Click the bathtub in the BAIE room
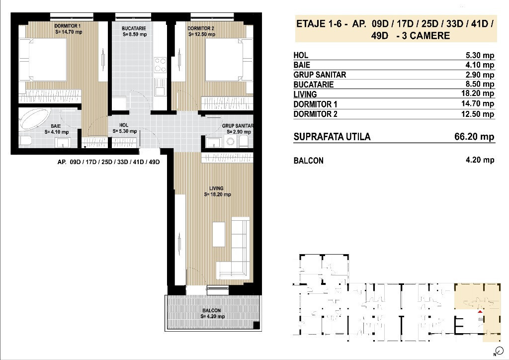[35, 119]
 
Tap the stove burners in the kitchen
[160, 65]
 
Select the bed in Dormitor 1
[43, 60]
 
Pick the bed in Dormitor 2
[229, 60]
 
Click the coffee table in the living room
[219, 234]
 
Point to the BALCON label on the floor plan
[212, 310]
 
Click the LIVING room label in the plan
[216, 188]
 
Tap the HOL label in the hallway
[124, 125]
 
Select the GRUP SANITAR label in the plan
[238, 126]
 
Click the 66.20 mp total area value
[474, 136]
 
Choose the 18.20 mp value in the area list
[478, 93]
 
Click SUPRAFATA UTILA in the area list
[332, 137]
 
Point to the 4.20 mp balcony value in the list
[480, 160]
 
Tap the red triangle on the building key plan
[480, 312]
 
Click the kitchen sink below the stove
[160, 87]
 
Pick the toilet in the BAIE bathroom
[25, 141]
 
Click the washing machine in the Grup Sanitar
[231, 141]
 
